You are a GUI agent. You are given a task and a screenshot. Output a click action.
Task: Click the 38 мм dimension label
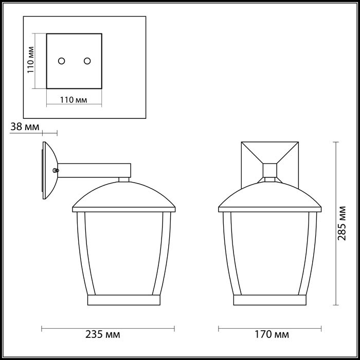tap(24, 127)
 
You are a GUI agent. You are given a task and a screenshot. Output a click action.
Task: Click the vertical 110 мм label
tap(31, 60)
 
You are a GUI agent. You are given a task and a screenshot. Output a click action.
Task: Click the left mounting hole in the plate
tap(62, 61)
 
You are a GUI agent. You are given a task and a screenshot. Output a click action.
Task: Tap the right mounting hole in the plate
tap(87, 61)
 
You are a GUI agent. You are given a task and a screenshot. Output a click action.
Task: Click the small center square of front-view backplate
tap(270, 170)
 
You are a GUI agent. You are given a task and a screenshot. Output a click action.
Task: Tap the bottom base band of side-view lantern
tap(123, 300)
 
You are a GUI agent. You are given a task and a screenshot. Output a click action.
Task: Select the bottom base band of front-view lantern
tap(270, 300)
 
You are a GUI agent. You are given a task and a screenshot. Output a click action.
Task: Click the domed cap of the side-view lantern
tap(123, 196)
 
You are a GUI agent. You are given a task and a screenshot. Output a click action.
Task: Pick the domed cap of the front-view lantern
tap(270, 196)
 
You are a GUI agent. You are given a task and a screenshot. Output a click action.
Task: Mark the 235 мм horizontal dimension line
tap(108, 327)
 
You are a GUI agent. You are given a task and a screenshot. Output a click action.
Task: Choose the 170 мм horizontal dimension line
tap(270, 327)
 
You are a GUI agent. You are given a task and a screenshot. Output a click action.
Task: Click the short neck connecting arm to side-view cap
tap(123, 180)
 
